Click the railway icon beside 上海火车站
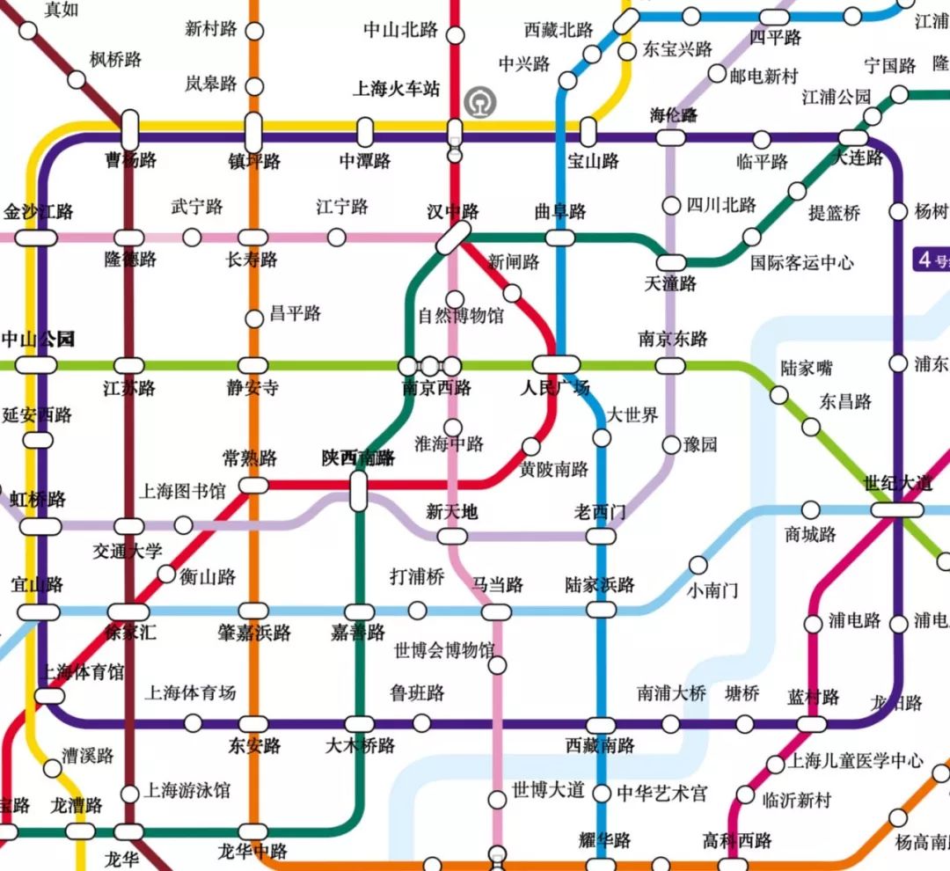pyautogui.click(x=481, y=101)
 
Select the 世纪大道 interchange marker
pyautogui.click(x=897, y=509)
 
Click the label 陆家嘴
pyautogui.click(x=806, y=368)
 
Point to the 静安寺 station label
pyautogui.click(x=252, y=388)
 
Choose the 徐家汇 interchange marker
pyautogui.click(x=128, y=611)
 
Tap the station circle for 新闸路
pyautogui.click(x=512, y=293)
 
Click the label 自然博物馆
pyautogui.click(x=461, y=315)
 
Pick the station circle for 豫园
pyautogui.click(x=671, y=444)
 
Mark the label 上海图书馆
pyautogui.click(x=182, y=489)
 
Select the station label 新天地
pyautogui.click(x=451, y=511)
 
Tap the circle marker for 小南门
pyautogui.click(x=698, y=564)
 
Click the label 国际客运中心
pyautogui.click(x=801, y=262)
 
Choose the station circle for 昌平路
pyautogui.click(x=253, y=318)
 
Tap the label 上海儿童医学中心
pyautogui.click(x=857, y=761)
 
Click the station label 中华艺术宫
pyautogui.click(x=661, y=794)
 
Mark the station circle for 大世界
pyautogui.click(x=603, y=437)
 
